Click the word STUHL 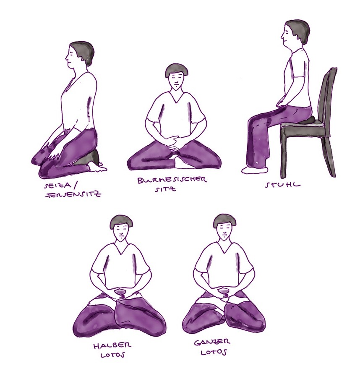point(283,185)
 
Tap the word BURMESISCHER point(172,180)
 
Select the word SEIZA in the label point(57,186)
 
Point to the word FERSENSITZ point(73,194)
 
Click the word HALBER point(112,345)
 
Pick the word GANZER point(212,343)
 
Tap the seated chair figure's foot point(254,170)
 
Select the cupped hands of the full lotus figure point(223,293)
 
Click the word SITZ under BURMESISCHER point(165,189)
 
